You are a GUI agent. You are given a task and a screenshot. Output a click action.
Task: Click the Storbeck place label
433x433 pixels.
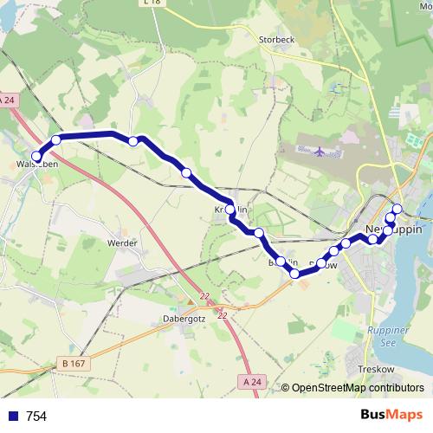coord(279,38)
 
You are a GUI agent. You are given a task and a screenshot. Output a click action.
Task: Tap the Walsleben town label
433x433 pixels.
coord(37,162)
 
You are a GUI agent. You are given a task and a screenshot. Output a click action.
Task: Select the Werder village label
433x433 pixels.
coord(122,243)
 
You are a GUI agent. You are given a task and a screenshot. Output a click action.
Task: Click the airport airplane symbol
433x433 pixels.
coord(320,152)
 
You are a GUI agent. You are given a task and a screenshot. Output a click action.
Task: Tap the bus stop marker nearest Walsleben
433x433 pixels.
coord(36,156)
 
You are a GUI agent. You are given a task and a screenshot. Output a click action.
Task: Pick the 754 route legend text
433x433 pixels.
coord(36,417)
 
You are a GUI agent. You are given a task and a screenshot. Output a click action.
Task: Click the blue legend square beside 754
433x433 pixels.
coord(11,417)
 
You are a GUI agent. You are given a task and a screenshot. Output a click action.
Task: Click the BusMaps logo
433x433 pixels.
coord(394,416)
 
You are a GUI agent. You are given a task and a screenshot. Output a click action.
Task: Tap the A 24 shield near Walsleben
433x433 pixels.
coord(8,100)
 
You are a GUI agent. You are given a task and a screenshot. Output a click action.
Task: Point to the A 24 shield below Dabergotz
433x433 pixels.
coord(251,381)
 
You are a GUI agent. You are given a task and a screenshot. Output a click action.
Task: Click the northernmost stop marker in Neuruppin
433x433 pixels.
coord(397,208)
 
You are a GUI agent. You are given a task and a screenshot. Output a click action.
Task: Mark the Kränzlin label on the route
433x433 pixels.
coord(232,210)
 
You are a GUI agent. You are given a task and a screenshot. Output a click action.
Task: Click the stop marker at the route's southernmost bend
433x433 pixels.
coord(294,274)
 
